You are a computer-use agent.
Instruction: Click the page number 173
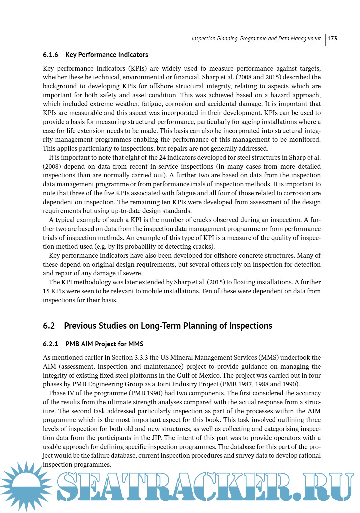coord(332,39)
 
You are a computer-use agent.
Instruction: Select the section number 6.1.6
coord(50,55)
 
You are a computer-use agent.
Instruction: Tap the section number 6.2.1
coord(50,344)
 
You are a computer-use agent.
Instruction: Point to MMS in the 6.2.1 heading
coord(136,344)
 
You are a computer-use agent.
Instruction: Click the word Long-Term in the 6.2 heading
coord(161,326)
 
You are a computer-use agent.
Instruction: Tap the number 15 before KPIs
coord(46,291)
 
